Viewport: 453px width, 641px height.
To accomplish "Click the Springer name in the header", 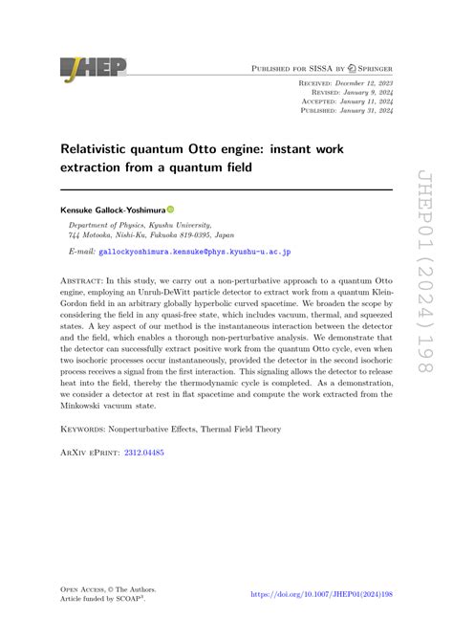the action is (368, 69).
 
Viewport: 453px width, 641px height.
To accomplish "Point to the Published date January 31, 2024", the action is (368, 110).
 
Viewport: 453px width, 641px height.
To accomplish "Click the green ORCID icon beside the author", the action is (171, 209).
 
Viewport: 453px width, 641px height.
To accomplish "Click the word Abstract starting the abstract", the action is (83, 272).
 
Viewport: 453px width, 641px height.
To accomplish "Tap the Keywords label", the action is (88, 430).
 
